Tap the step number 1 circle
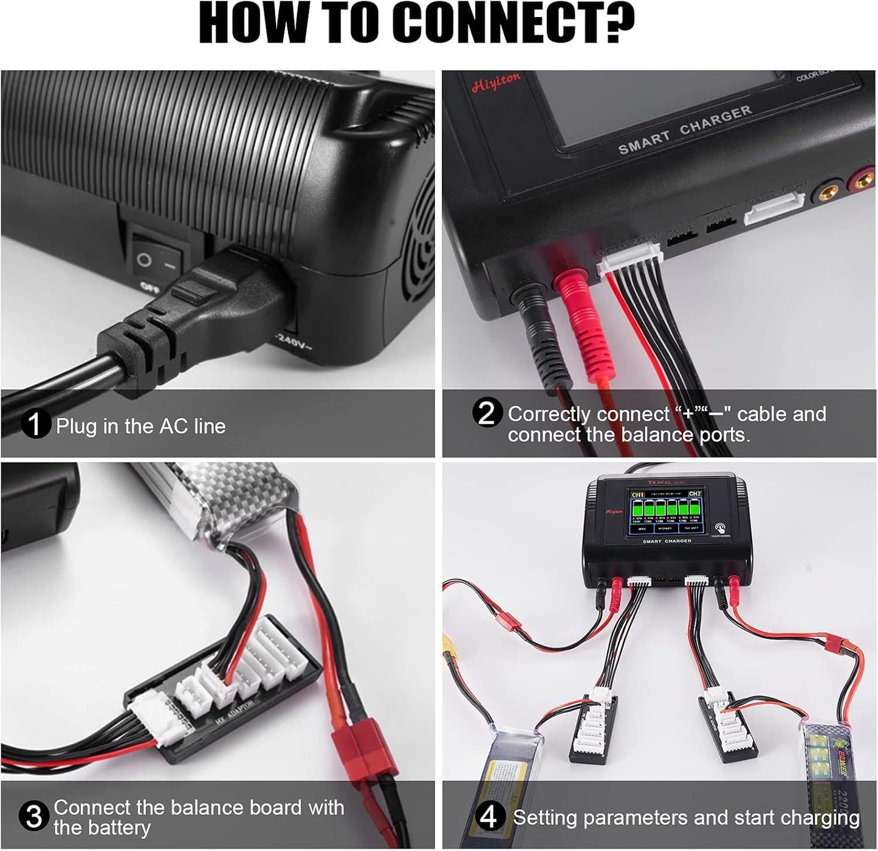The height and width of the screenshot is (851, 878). [35, 424]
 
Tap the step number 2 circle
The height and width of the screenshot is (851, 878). [487, 413]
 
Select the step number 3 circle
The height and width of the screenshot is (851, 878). [33, 816]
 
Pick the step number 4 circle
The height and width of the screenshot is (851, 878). [489, 816]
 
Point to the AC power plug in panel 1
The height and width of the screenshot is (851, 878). [182, 310]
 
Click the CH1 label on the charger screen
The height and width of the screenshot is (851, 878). [637, 495]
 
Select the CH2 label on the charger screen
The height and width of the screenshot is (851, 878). [695, 494]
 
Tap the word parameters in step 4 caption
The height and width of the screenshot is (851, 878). [636, 818]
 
